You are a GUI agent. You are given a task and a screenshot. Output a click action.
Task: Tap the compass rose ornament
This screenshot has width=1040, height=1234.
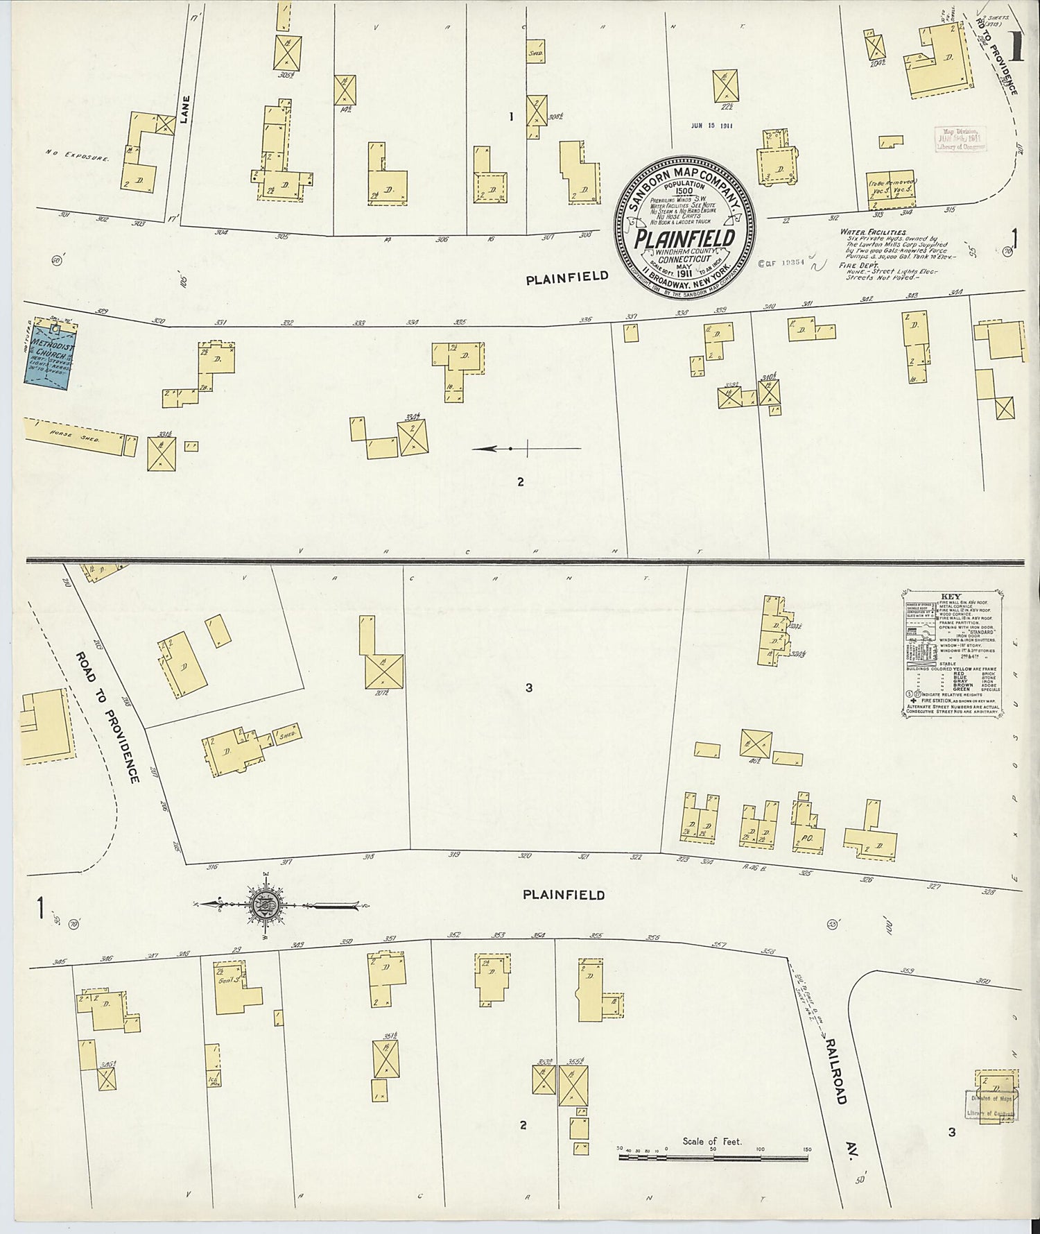click(268, 905)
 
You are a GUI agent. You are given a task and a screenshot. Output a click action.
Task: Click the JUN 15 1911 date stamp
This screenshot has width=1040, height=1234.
click(712, 126)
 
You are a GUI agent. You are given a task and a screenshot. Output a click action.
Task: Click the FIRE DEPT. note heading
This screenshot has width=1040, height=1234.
click(857, 265)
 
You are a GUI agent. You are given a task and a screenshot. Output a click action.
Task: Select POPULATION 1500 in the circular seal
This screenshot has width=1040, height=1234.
click(684, 191)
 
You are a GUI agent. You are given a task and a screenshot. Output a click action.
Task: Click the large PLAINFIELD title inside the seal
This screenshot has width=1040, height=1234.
click(685, 239)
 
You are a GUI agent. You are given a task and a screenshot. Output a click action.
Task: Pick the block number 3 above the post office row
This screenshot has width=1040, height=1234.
click(528, 687)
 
